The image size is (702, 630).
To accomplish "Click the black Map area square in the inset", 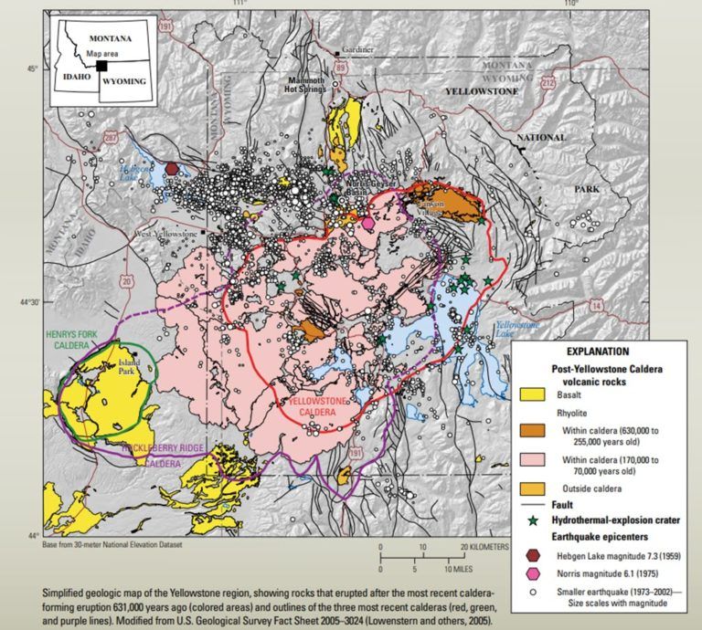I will point(102,65).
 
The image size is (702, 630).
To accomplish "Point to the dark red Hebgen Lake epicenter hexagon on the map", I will point(172,168).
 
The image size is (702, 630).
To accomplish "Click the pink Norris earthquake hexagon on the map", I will point(368,223).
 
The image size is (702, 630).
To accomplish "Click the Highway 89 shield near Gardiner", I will point(340,67).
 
